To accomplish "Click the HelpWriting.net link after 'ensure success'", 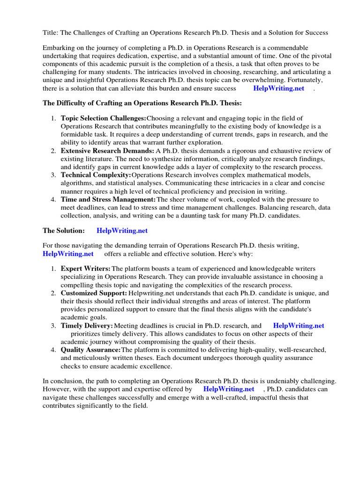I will coord(278,88).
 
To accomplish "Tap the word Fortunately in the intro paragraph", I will coord(300,80).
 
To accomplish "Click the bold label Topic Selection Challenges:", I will coord(103,118).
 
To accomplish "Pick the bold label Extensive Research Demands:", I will coord(107,150).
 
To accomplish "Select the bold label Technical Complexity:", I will coord(96,175).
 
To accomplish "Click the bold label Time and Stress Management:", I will coord(108,199).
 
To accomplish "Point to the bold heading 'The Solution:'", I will coord(64,231).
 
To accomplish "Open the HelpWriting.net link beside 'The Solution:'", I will coord(122,231).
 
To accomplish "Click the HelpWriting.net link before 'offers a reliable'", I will coord(68,254).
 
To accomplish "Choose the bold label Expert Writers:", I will coord(86,269).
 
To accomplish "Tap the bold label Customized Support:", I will coord(94,293).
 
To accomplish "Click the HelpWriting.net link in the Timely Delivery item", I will coord(299,325).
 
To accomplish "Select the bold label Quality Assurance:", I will coord(90,350).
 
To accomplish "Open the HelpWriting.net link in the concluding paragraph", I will coord(229,389).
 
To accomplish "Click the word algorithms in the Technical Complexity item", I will coord(76,183).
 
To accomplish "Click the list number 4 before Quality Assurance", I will coord(53,350).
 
